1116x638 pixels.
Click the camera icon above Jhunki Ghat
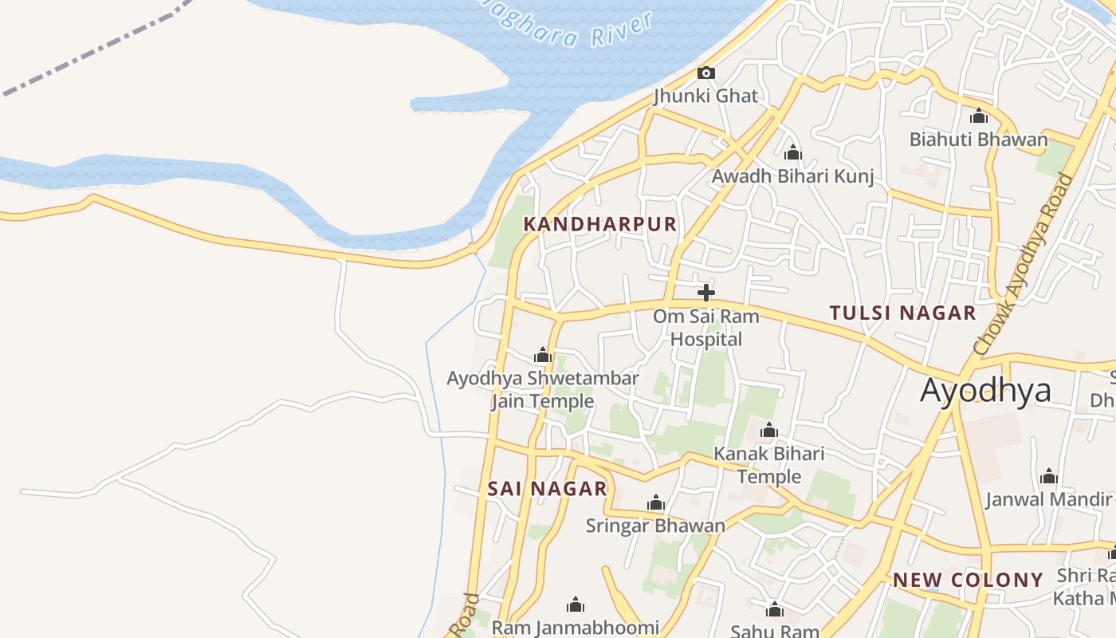click(x=705, y=73)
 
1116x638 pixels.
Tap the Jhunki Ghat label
click(x=705, y=96)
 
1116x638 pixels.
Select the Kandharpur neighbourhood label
click(x=599, y=224)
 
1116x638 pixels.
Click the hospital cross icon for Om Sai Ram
click(x=705, y=293)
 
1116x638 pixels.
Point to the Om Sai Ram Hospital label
click(x=705, y=328)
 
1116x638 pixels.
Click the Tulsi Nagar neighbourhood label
click(x=902, y=313)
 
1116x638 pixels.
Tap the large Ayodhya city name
click(x=985, y=391)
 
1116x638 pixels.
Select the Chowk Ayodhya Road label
click(x=1024, y=264)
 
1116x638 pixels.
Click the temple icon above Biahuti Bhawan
click(x=979, y=116)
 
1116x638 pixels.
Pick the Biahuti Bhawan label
click(x=979, y=140)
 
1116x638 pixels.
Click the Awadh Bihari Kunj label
click(x=792, y=176)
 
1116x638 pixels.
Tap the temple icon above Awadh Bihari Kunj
click(x=792, y=152)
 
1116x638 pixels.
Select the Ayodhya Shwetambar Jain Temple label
click(x=543, y=389)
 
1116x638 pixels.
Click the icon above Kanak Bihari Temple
click(x=768, y=431)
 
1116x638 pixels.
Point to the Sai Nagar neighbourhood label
click(x=547, y=489)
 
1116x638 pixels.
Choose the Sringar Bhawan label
click(x=655, y=526)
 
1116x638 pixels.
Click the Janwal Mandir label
click(x=1048, y=499)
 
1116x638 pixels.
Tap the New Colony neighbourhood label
click(x=968, y=580)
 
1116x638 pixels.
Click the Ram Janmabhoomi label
click(x=575, y=628)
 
